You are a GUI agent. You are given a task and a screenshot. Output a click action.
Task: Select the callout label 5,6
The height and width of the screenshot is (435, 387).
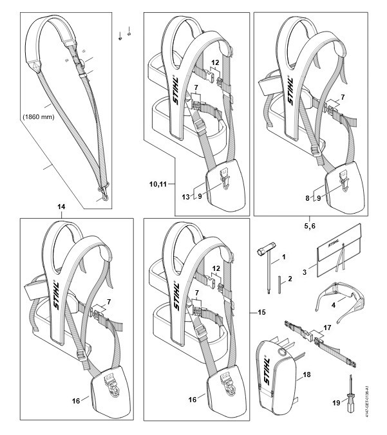[309, 226]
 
